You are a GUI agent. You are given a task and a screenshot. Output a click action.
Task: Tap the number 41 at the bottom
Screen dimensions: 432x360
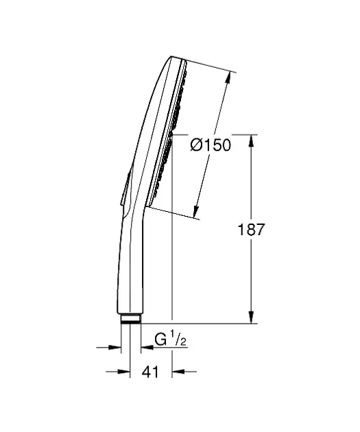(x=151, y=372)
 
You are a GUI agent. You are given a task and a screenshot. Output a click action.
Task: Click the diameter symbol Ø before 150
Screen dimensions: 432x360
(x=195, y=145)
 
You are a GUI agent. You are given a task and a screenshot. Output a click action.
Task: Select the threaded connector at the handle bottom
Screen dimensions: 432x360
(x=131, y=320)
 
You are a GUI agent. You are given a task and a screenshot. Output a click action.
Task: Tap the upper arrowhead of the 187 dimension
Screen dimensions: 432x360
(x=253, y=139)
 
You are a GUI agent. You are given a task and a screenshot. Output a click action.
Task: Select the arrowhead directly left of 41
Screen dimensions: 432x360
(x=126, y=372)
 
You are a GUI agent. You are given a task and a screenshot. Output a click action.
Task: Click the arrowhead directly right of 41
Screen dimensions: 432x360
(x=176, y=372)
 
